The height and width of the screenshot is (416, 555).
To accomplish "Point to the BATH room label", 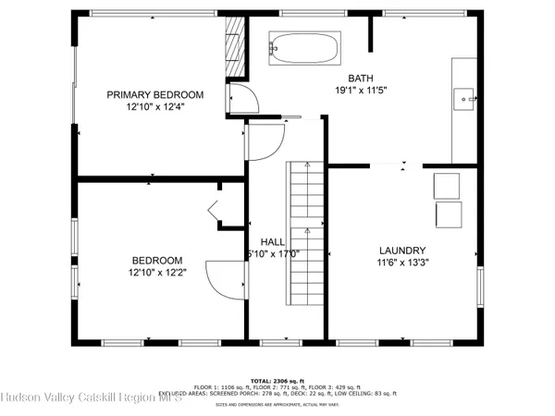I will (x=360, y=78).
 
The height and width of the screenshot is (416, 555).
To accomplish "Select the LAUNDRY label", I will (x=402, y=251).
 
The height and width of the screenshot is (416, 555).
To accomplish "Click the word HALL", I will (x=272, y=241).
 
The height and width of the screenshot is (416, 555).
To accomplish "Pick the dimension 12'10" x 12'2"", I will (x=156, y=273).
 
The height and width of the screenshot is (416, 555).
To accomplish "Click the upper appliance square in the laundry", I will (x=448, y=185).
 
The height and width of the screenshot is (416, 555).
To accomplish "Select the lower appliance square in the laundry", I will (x=450, y=215).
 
